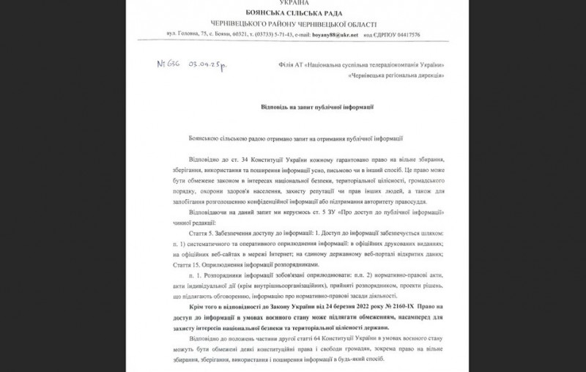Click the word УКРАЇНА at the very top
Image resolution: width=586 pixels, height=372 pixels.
[x=293, y=4]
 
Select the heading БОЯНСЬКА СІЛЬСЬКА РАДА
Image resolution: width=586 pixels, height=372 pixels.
[x=293, y=13]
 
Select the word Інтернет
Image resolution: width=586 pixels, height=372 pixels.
[x=266, y=253]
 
